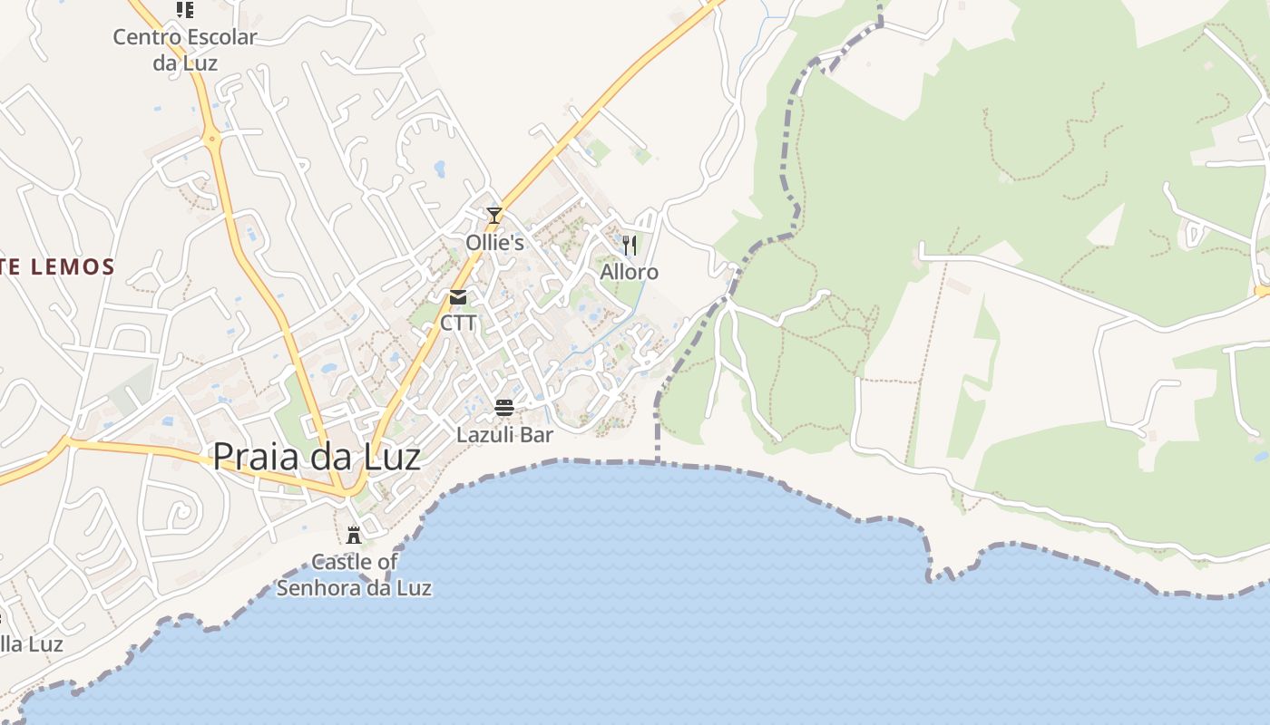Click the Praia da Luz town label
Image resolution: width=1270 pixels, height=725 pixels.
(x=316, y=457)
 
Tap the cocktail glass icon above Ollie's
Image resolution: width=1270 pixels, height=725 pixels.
(x=494, y=215)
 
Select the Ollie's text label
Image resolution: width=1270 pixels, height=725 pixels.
(x=494, y=243)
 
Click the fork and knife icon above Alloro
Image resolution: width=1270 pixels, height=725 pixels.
(x=630, y=245)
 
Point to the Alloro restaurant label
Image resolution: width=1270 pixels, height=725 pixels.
(x=630, y=272)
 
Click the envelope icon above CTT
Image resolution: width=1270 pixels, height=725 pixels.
(x=458, y=297)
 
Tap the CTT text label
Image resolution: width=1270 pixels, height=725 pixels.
(x=458, y=323)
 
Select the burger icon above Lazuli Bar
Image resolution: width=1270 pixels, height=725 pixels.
(x=504, y=408)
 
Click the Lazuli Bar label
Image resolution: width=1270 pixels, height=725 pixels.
(x=504, y=435)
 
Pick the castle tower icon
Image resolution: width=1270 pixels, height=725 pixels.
(x=354, y=536)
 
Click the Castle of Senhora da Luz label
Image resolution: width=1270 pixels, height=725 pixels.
(x=354, y=575)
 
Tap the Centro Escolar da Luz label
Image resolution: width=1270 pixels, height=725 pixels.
(x=185, y=50)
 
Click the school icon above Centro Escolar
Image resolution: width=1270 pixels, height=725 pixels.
(x=185, y=10)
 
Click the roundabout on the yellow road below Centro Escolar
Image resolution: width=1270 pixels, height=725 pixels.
(x=212, y=140)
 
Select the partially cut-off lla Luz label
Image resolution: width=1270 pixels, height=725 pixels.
(x=32, y=644)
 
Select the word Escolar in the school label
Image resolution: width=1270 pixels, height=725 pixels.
(x=216, y=38)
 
